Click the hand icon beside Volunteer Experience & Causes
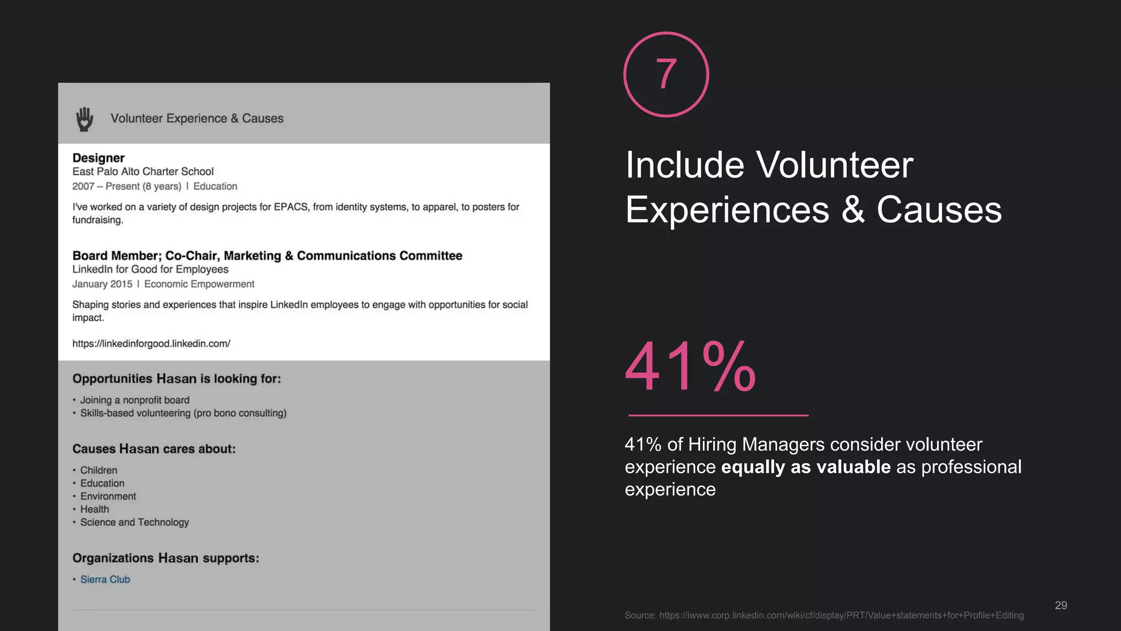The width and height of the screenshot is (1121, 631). [x=84, y=119]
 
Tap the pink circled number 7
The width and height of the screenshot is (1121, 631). [x=666, y=74]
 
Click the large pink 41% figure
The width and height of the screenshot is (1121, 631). [x=691, y=367]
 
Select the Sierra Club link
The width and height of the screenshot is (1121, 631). [x=105, y=580]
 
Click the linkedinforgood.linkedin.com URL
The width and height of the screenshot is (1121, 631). [x=151, y=343]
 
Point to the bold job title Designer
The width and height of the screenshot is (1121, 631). [x=99, y=158]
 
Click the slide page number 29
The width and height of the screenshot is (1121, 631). [x=1061, y=605]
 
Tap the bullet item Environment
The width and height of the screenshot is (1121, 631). [x=108, y=496]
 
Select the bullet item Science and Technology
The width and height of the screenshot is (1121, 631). [x=134, y=523]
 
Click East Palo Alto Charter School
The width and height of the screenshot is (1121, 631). [x=143, y=171]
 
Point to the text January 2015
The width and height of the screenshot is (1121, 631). [x=102, y=284]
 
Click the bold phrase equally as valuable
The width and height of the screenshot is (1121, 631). [x=806, y=467]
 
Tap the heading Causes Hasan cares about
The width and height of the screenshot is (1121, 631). [x=154, y=449]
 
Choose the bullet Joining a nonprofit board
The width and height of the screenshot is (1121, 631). [x=135, y=400]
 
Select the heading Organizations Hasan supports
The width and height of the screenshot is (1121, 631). [x=165, y=558]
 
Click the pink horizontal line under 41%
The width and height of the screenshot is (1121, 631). [x=718, y=415]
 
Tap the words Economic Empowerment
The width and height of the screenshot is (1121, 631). [x=199, y=284]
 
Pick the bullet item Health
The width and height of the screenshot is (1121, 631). [x=94, y=509]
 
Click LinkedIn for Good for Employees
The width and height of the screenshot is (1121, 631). [x=151, y=269]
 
